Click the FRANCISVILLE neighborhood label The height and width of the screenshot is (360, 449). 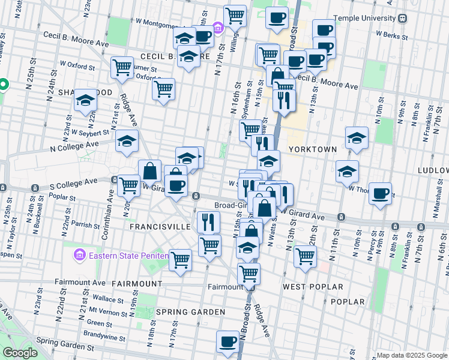pyautogui.click(x=160, y=227)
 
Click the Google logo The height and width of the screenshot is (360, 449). pyautogui.click(x=20, y=353)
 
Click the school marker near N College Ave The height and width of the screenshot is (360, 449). pyautogui.click(x=127, y=141)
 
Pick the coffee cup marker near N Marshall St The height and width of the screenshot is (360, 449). pyautogui.click(x=380, y=193)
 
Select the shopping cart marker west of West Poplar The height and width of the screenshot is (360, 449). pyautogui.click(x=306, y=255)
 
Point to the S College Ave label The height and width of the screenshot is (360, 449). pyautogui.click(x=74, y=181)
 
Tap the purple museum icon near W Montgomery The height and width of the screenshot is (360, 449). pyautogui.click(x=217, y=27)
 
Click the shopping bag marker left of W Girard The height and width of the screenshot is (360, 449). pyautogui.click(x=149, y=171)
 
